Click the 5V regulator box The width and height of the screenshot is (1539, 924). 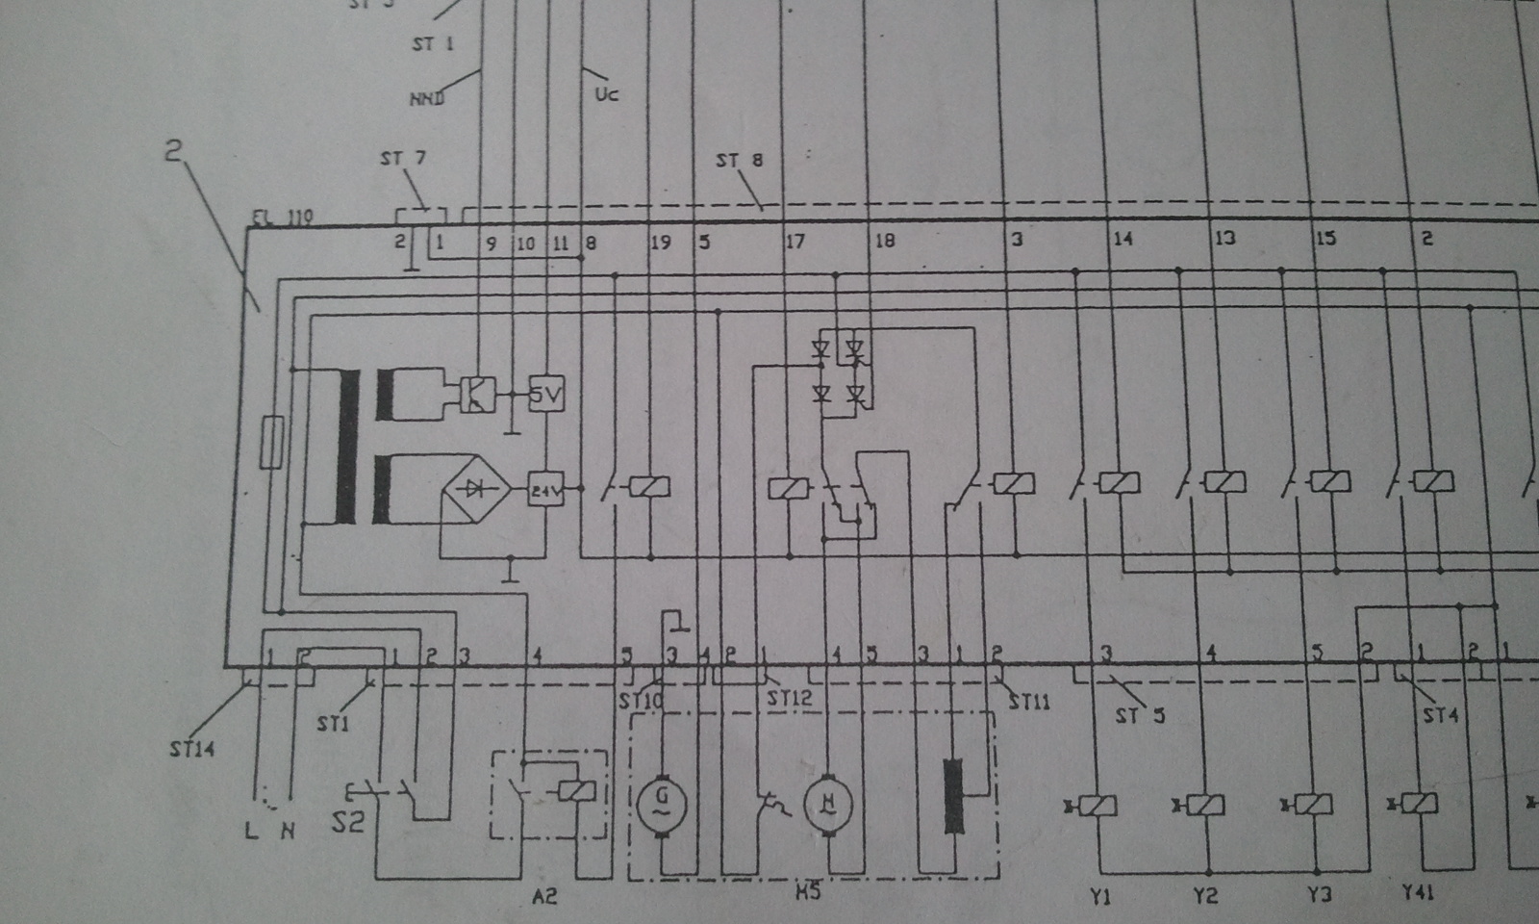(546, 394)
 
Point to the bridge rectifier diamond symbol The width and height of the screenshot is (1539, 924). (475, 489)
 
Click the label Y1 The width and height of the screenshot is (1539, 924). (1100, 896)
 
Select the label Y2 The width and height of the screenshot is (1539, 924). (1206, 896)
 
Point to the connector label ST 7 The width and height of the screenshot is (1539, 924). (402, 158)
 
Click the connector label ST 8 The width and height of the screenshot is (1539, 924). (739, 160)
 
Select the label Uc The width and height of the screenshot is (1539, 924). (606, 94)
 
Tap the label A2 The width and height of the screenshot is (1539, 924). (544, 897)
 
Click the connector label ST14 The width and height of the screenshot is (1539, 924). (192, 748)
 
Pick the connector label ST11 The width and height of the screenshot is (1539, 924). (1029, 702)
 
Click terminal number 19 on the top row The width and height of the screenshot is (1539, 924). (661, 243)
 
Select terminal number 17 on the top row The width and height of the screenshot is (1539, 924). (795, 241)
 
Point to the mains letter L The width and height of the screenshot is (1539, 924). (252, 831)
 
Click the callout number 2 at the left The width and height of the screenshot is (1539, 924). (173, 150)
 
